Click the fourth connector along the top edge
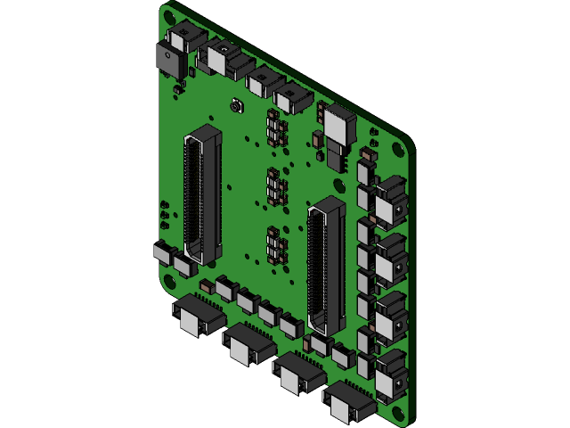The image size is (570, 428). click(291, 98)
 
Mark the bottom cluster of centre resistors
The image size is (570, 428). click(277, 245)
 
